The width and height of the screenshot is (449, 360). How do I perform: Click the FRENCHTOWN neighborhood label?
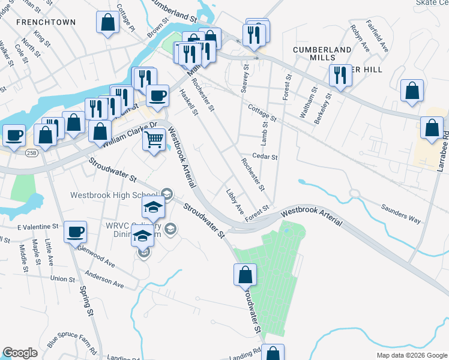pos(46,22)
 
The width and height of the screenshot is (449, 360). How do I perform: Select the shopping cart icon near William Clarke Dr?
pos(154,140)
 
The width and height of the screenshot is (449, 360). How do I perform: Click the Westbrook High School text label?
pos(113,195)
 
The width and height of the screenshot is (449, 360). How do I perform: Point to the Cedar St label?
pos(265,157)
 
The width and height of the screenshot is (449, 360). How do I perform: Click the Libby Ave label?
pos(235,202)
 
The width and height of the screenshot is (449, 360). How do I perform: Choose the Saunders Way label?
pos(401,214)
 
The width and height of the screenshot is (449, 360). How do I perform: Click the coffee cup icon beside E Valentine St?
pos(75,232)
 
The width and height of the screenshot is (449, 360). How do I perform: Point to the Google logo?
pos(20,353)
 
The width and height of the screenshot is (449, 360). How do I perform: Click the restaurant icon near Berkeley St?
pos(340,75)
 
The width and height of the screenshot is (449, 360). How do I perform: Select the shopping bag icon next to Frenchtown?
pos(107,23)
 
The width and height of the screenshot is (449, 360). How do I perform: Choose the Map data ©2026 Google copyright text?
pos(411,355)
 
